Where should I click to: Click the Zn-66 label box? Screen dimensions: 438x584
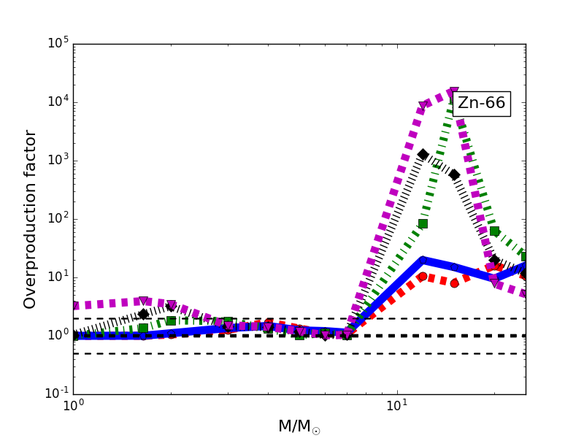click(x=481, y=104)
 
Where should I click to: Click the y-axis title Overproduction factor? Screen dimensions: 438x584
click(x=31, y=219)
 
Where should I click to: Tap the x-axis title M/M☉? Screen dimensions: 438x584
click(x=299, y=426)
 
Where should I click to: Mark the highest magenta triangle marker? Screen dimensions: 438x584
click(x=453, y=93)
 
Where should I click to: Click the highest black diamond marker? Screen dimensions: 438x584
click(x=423, y=154)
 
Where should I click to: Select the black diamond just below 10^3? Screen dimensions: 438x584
click(x=454, y=174)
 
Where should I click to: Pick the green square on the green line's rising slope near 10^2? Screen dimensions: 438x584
click(x=423, y=223)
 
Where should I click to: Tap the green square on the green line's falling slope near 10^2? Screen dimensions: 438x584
click(x=494, y=231)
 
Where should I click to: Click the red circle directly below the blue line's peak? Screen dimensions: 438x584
click(x=422, y=277)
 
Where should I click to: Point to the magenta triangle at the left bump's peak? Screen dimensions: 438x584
click(x=144, y=301)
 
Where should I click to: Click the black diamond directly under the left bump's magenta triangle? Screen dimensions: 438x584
click(x=144, y=314)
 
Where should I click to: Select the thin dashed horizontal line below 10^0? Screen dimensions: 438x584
click(x=219, y=353)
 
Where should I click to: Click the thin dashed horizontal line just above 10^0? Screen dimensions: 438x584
click(x=219, y=318)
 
